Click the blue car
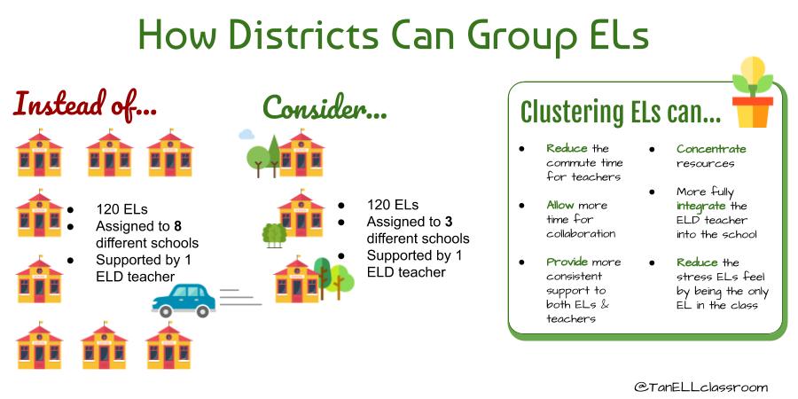click(x=184, y=301)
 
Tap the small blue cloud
click(x=246, y=135)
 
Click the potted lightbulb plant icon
click(x=753, y=92)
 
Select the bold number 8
click(x=177, y=225)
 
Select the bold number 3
click(x=448, y=222)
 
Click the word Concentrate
click(x=711, y=149)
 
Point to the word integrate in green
click(x=700, y=207)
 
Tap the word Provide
click(x=567, y=262)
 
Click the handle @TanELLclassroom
click(x=700, y=387)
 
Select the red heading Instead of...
click(x=85, y=104)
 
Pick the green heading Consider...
click(x=325, y=107)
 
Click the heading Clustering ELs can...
click(x=620, y=112)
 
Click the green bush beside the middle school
click(x=274, y=235)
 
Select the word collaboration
click(x=581, y=233)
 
